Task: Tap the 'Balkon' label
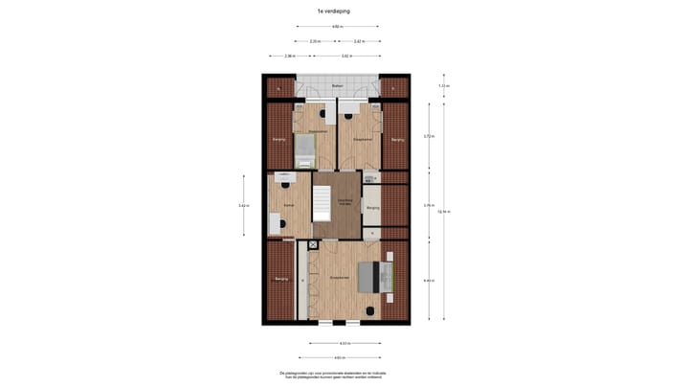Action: (x=337, y=87)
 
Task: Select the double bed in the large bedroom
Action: (x=374, y=277)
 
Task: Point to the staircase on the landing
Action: (x=322, y=202)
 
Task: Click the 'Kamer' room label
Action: (x=288, y=205)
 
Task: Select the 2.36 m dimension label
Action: (x=290, y=57)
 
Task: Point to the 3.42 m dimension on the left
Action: (x=243, y=205)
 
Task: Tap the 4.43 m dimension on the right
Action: (x=429, y=280)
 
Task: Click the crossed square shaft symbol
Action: (x=313, y=245)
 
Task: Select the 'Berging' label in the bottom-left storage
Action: (x=281, y=279)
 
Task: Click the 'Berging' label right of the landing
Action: (x=372, y=207)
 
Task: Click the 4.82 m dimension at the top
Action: (x=337, y=27)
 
